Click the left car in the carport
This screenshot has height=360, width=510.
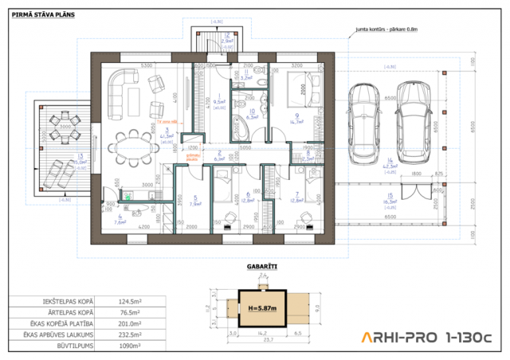point(367,119)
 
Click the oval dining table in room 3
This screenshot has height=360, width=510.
point(131,146)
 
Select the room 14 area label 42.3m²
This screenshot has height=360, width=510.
point(390,168)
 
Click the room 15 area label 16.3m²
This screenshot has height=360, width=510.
point(390,202)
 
